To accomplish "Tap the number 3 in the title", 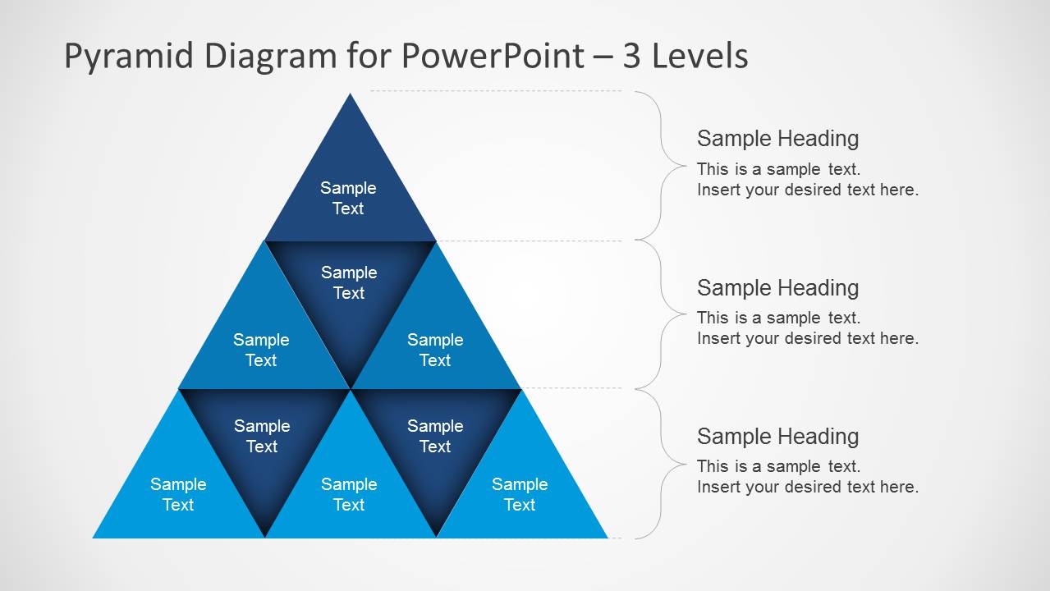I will coord(631,57).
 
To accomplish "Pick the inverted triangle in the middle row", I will coord(349,287).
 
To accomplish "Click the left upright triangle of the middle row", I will coord(261,345).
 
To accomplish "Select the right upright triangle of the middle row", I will coord(435,345).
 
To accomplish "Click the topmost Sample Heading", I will coord(777,139).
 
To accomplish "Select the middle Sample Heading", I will coord(777,288).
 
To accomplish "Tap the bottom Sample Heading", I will coord(777,437).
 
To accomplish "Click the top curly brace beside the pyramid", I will coord(662,165).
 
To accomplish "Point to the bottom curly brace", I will coord(662,464).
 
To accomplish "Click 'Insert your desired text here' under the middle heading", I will coord(807,338).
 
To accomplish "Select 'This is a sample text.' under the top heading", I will coord(778,169).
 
